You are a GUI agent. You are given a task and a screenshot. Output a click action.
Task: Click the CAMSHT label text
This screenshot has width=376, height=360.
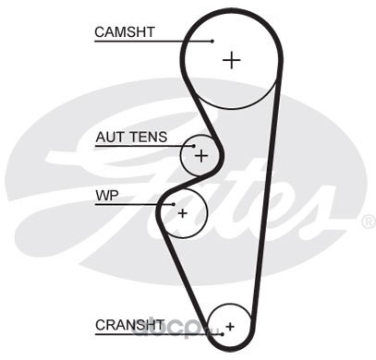coord(125,32)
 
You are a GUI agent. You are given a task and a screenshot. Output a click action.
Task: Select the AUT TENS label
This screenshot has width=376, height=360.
coord(131,137)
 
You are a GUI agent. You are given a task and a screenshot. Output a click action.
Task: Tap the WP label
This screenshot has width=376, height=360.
coord(107,196)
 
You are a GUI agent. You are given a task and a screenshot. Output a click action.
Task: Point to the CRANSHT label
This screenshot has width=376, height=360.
coord(129,325)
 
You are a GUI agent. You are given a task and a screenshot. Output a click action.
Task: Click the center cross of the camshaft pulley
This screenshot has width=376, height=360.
coord(231,60)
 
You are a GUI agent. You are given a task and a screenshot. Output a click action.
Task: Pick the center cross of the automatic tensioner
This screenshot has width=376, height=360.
coord(201,156)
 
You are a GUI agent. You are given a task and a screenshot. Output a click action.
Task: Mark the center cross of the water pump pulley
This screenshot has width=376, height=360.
coord(183,213)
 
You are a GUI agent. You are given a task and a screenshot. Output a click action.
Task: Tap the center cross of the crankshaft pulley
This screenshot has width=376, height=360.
coord(230,326)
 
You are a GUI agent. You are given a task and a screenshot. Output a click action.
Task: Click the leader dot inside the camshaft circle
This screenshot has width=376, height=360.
coord(212,41)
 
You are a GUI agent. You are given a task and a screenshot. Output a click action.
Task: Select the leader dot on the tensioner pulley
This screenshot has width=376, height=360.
coord(194,146)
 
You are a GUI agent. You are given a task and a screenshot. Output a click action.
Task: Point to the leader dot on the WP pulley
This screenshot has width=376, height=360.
coord(174,204)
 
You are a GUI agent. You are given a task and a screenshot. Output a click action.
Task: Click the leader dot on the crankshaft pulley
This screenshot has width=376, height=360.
coord(222,334)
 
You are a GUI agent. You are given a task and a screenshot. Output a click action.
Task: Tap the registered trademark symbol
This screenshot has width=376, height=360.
coord(369,222)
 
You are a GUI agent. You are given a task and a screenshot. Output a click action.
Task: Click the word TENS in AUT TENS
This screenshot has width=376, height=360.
coord(149,137)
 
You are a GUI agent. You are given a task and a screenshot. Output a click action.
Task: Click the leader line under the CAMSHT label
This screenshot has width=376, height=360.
coord(153,41)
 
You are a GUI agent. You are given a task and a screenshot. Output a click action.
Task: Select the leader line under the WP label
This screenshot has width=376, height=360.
coord(135,204)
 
